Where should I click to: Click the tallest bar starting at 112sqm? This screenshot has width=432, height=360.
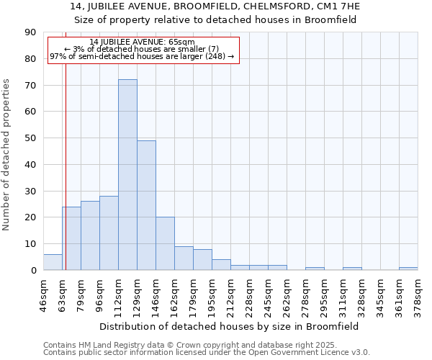coord(127,175)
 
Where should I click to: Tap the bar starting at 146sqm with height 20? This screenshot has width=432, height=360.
coord(165,243)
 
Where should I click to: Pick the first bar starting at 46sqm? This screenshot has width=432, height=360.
coord(53,262)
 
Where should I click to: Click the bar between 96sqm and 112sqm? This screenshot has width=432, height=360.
coord(109,233)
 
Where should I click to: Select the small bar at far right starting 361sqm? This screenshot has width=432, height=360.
coord(408,269)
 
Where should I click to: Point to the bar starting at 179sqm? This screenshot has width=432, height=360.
coord(202,260)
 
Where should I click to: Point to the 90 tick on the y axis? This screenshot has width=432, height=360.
coord(30,32)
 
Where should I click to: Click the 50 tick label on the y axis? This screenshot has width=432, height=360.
coord(30,138)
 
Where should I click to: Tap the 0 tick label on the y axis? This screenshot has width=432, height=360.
coord(33,271)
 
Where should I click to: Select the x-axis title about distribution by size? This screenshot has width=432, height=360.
coord(230,326)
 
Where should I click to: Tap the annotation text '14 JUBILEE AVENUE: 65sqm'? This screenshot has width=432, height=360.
coord(143,42)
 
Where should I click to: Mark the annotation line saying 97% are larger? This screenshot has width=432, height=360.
coord(143,56)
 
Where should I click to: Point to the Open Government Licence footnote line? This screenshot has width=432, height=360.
coord(207,353)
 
